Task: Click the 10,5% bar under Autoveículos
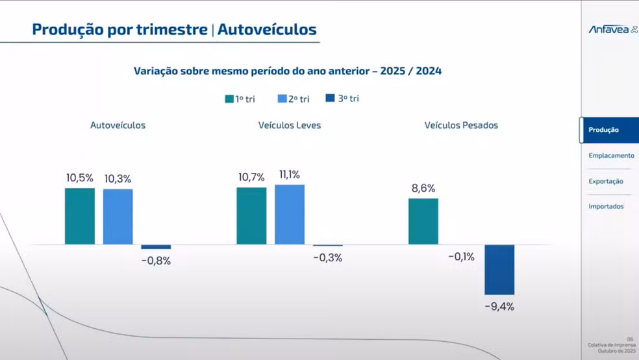(x=80, y=216)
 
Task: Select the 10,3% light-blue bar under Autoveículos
(x=118, y=216)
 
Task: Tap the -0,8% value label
(x=156, y=261)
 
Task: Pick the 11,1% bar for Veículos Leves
(x=290, y=214)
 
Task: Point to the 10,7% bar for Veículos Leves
(x=251, y=216)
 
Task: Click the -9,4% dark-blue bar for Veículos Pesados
(x=499, y=270)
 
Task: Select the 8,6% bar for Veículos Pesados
(x=423, y=221)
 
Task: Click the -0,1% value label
(x=461, y=257)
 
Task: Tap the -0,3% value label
(x=327, y=258)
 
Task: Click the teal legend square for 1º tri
(x=229, y=99)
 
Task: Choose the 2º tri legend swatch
(x=282, y=99)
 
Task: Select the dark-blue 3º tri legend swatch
(x=330, y=98)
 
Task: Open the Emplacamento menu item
(x=611, y=156)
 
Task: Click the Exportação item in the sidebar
(x=606, y=181)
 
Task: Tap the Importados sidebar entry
(x=606, y=207)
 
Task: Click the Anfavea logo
(x=612, y=29)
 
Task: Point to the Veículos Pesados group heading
(x=461, y=125)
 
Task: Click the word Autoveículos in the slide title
(x=267, y=29)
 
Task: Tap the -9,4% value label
(x=499, y=307)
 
